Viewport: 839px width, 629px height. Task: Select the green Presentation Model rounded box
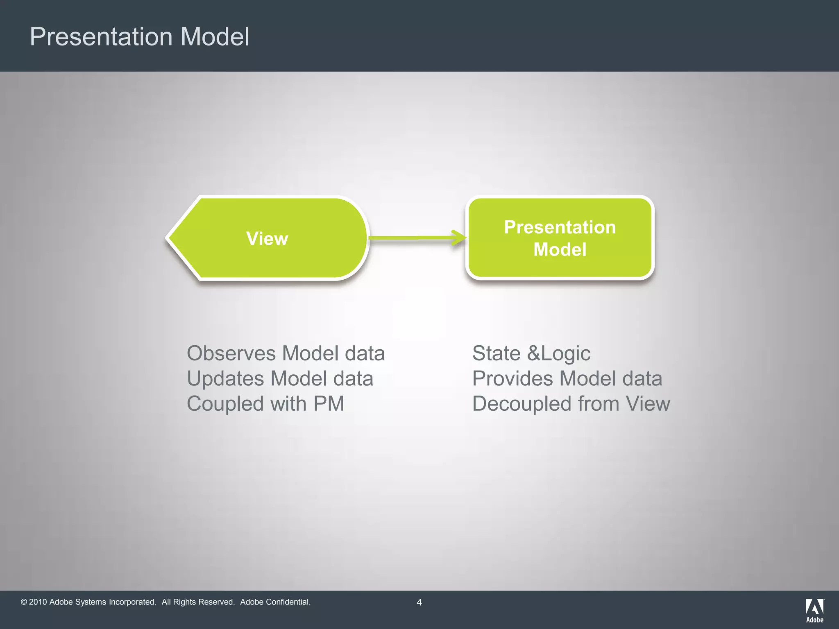560,238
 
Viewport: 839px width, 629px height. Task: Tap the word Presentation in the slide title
101,37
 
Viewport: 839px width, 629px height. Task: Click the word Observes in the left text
231,353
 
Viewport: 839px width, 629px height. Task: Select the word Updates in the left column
225,379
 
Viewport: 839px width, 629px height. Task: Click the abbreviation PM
329,404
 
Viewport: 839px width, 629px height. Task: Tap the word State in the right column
496,353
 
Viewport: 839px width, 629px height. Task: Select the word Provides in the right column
512,379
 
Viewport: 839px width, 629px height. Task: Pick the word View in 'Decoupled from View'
648,404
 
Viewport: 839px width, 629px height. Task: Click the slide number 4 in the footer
419,602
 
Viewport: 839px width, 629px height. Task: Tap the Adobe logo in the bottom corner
815,610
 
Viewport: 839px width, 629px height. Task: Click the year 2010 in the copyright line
38,602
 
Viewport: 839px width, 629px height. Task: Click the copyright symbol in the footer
24,602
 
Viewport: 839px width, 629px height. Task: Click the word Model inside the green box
560,249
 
